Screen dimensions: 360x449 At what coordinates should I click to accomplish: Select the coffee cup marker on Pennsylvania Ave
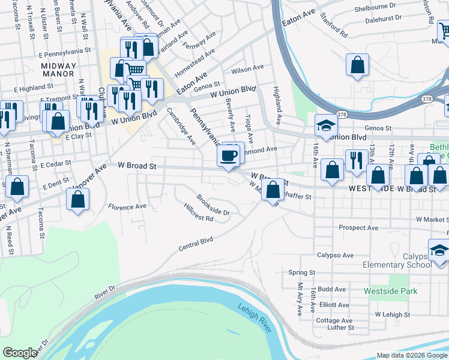(228, 157)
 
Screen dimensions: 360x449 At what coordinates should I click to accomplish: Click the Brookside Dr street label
(213, 205)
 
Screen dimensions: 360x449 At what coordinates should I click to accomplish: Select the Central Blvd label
(196, 244)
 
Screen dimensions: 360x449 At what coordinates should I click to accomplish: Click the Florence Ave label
(127, 206)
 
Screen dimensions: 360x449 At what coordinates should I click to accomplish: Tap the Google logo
(20, 353)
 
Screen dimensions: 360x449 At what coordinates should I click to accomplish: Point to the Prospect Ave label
(358, 228)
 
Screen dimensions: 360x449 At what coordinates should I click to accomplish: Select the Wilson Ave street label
(252, 69)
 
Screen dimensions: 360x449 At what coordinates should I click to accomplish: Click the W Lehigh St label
(392, 314)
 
